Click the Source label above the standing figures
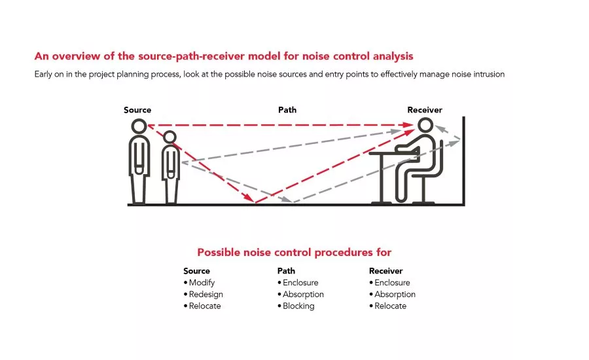[x=137, y=110]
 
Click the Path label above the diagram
[x=287, y=110]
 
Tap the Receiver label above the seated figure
[x=425, y=110]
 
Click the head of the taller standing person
[x=139, y=126]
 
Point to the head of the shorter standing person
[x=170, y=137]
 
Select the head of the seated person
[x=425, y=125]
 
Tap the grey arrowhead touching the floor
[x=287, y=200]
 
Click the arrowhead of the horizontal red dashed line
[x=408, y=125]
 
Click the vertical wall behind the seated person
[x=463, y=161]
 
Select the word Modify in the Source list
[x=202, y=283]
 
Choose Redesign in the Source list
[x=206, y=295]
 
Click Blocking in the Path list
[x=298, y=306]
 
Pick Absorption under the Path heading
[x=303, y=295]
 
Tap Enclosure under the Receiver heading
[x=392, y=283]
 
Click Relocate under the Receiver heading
[x=390, y=306]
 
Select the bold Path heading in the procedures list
[x=286, y=271]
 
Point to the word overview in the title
[x=77, y=56]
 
